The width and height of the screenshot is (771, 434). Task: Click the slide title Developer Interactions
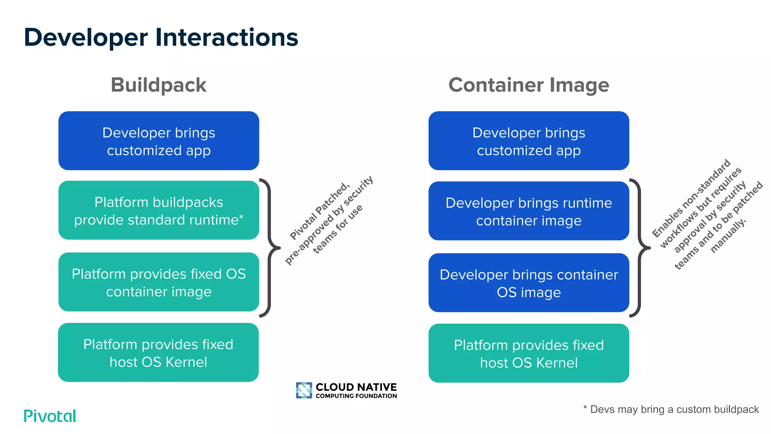pos(161,38)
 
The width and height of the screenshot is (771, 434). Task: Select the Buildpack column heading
pos(158,85)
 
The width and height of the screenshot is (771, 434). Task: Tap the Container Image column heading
pos(529,85)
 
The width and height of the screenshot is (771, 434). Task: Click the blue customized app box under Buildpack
pos(158,141)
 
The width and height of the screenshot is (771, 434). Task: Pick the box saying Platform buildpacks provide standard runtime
pos(158,211)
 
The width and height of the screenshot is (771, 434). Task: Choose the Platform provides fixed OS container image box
pos(158,282)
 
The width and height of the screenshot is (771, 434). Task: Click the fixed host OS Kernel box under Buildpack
pos(158,353)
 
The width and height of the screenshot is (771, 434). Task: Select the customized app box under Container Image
pos(529,141)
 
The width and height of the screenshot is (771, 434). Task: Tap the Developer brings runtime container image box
pos(529,211)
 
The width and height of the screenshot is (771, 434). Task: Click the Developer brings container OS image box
pos(529,283)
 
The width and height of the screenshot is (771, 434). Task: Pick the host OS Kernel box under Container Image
pos(529,353)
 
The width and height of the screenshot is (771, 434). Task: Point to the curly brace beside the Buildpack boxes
pos(270,248)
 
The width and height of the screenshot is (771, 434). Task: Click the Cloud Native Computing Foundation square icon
pos(304,390)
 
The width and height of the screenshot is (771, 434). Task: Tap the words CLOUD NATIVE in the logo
pos(356,387)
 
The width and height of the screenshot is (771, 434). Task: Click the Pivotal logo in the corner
pos(50,416)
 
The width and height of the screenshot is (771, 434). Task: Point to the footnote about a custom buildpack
pos(671,410)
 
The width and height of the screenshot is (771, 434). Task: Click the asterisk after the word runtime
pos(241,217)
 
